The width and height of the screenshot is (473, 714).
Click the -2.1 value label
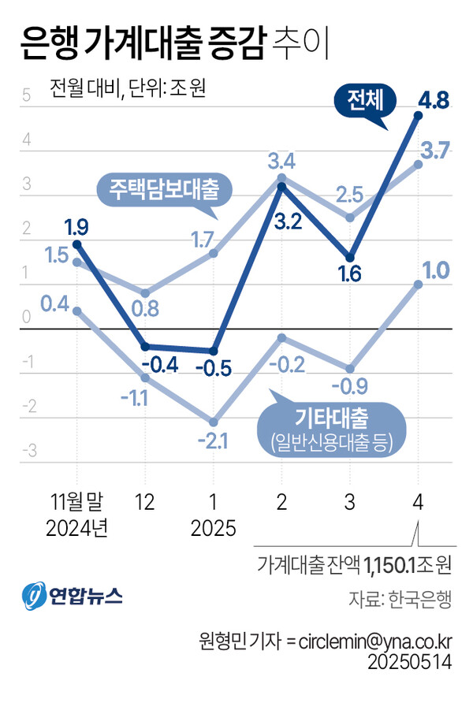(213, 441)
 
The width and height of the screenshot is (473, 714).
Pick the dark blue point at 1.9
(76, 244)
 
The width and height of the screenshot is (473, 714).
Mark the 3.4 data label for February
(281, 163)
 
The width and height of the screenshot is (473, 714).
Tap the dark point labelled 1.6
(350, 258)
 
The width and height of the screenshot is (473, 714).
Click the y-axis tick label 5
(27, 98)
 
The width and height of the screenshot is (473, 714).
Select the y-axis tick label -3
(29, 451)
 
